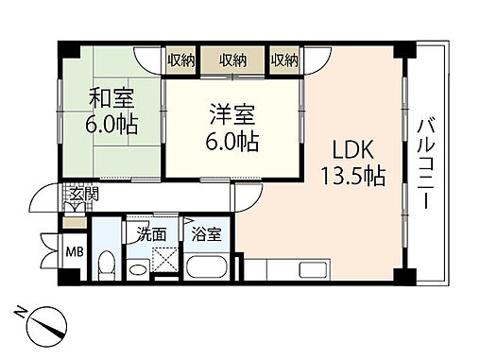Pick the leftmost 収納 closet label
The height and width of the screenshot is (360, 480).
[182, 60]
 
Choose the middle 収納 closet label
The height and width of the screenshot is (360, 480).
[233, 60]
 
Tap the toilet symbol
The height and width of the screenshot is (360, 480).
[109, 265]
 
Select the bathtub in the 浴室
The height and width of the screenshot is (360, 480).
[207, 266]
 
